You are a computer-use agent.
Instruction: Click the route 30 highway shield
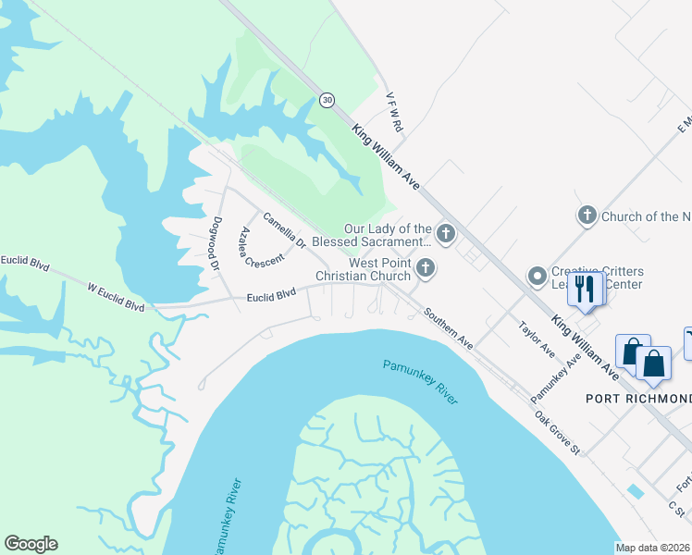coord(327,99)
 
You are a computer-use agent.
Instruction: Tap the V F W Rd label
coord(394,110)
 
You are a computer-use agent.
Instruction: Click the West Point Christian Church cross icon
coord(426,268)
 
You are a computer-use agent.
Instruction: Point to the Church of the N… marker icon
coord(587,216)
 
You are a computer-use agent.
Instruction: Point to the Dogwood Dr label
coord(216,242)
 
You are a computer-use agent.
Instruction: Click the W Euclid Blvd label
coord(117,296)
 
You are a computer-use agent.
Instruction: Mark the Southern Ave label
coord(449,328)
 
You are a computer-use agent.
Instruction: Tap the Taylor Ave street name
coord(536,339)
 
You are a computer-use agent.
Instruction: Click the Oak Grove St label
coord(556,432)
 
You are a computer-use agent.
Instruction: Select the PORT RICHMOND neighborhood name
coord(637,399)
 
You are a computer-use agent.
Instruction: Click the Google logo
coord(31,544)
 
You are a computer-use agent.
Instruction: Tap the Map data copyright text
coord(652,547)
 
